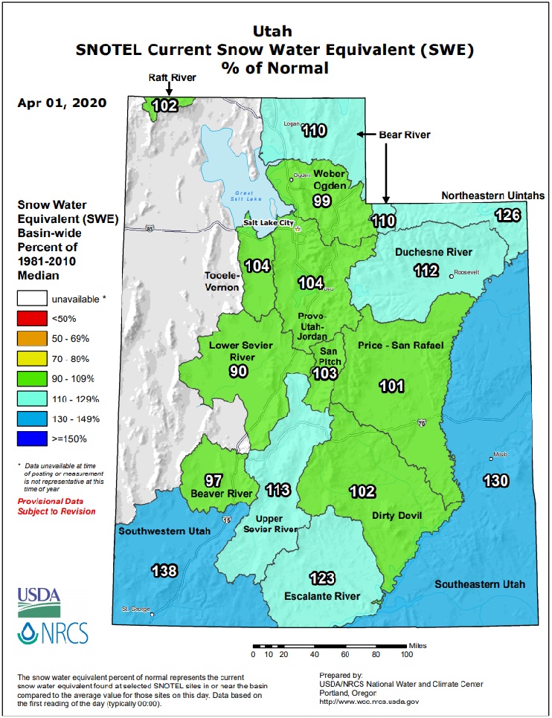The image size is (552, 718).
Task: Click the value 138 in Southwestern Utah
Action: (x=164, y=571)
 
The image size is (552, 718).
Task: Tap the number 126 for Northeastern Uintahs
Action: (x=508, y=216)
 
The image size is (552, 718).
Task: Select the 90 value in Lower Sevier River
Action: (x=238, y=371)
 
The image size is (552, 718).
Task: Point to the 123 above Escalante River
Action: (x=322, y=578)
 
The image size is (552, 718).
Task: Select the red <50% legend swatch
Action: (x=31, y=319)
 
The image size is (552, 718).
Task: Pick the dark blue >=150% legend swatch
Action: (x=31, y=439)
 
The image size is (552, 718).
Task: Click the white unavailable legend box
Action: (x=31, y=299)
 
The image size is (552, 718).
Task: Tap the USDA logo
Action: (x=39, y=598)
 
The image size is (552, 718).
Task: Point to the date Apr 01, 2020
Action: (x=61, y=103)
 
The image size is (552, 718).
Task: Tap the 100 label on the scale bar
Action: (x=406, y=655)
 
